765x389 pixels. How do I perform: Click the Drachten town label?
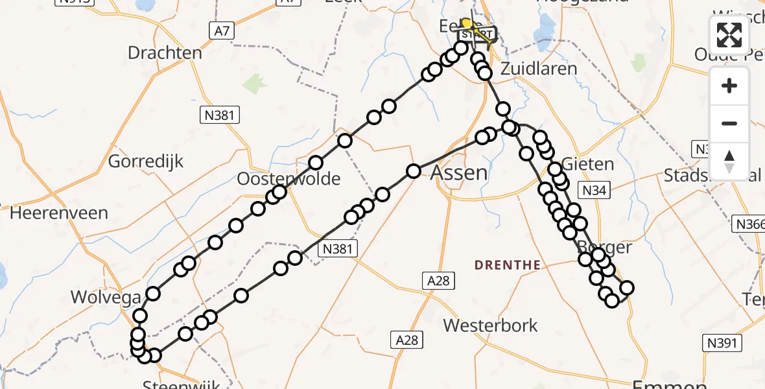165,53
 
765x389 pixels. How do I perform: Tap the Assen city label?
459,172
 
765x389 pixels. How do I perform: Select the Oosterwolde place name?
288,178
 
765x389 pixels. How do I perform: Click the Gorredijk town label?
146,161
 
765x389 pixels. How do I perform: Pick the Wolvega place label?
106,298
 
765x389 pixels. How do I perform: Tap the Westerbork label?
491,325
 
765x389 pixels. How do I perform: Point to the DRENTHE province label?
508,265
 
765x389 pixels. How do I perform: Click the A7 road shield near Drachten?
220,30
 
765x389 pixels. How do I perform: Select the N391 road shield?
722,342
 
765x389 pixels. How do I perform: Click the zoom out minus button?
729,123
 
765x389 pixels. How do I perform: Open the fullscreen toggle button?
729,35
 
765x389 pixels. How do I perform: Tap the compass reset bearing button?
729,161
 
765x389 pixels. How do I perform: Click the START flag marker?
478,34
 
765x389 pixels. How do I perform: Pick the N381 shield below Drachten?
220,115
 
